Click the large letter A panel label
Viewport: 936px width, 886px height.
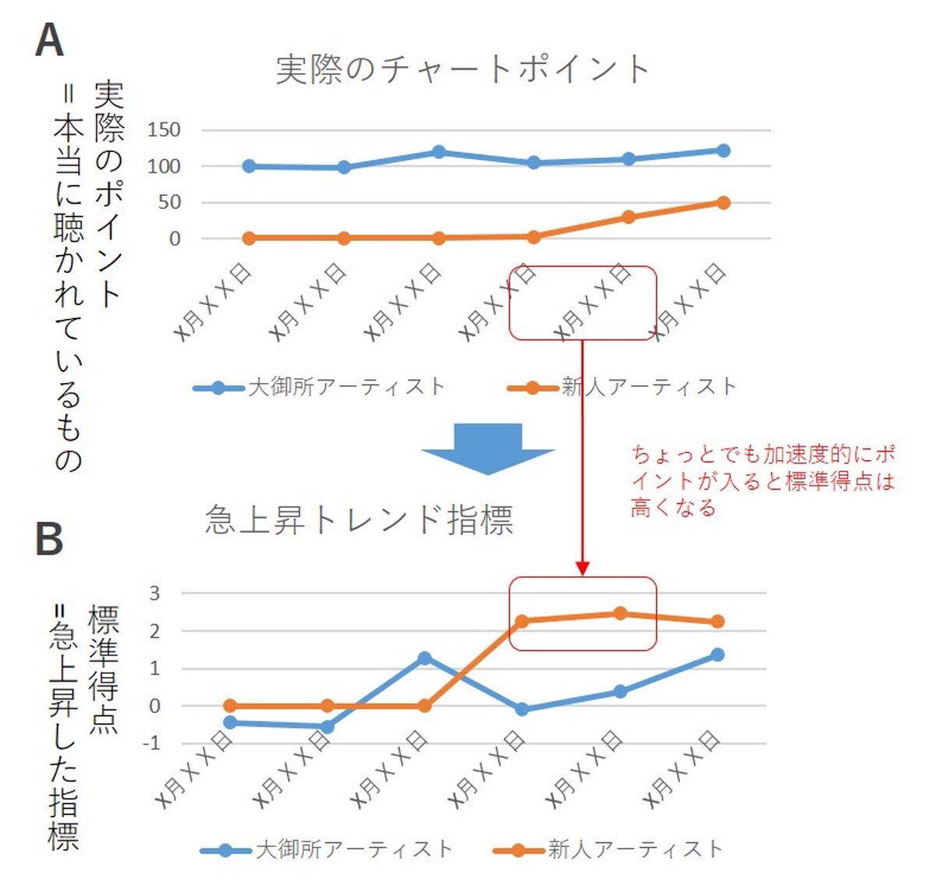[x=49, y=40]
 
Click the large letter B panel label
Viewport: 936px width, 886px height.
[x=49, y=538]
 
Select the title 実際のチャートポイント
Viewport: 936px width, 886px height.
[x=463, y=69]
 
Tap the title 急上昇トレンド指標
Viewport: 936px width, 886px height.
[x=359, y=519]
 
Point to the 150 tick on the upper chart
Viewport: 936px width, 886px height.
[x=164, y=129]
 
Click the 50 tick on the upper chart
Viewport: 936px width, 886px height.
[x=169, y=202]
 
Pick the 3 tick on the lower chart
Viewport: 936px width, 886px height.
[x=154, y=593]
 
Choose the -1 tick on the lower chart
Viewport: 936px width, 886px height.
[x=151, y=742]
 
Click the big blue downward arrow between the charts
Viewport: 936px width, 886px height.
[x=487, y=448]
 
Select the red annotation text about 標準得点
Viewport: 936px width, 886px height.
[x=762, y=480]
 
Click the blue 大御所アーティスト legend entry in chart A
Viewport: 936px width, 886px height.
[x=320, y=387]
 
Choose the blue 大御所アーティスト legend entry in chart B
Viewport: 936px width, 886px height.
[x=327, y=849]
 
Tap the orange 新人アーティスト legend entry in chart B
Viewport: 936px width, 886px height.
[x=608, y=849]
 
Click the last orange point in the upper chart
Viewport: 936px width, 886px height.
[x=723, y=203]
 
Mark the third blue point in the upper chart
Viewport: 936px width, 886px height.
[x=438, y=152]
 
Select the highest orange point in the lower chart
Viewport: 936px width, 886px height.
[x=620, y=613]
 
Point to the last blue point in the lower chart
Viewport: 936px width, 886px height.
[x=717, y=654]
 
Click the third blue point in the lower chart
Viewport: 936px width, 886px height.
[x=424, y=658]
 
